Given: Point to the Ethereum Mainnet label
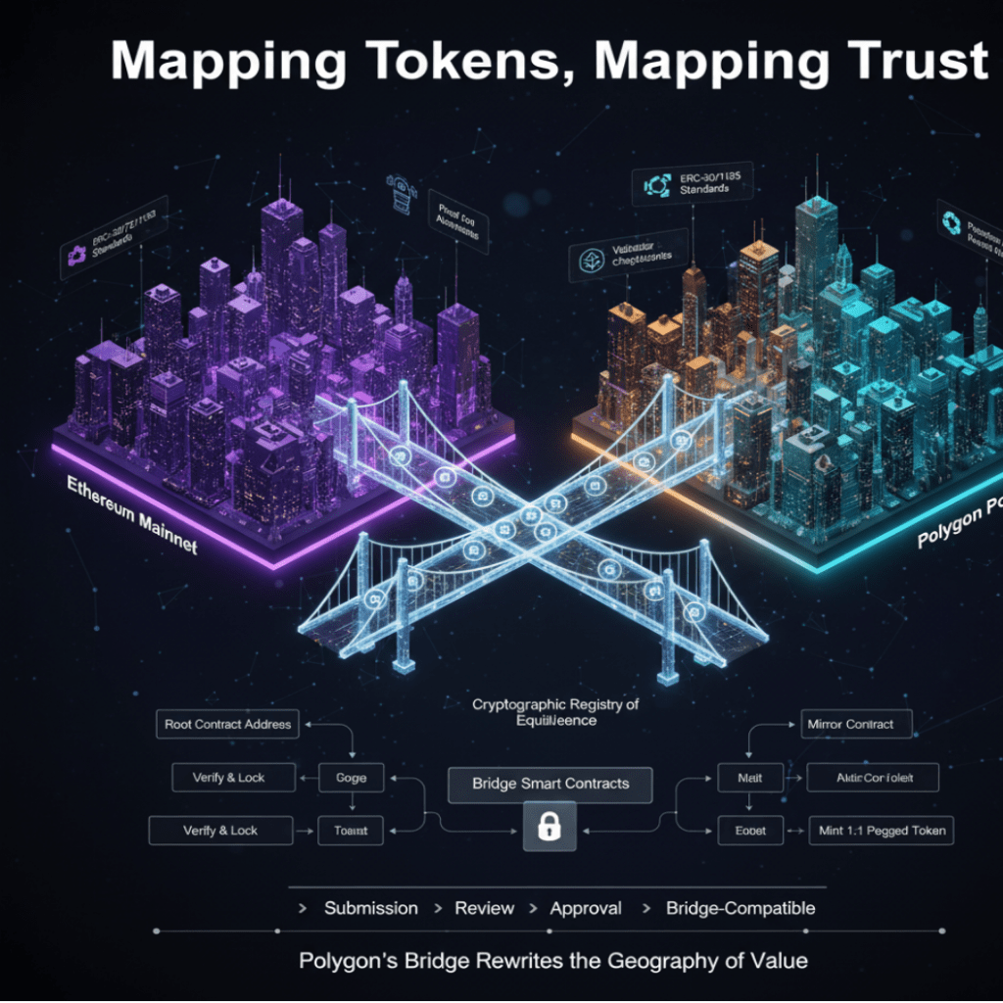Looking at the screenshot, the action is (x=132, y=515).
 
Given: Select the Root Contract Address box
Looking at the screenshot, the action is (x=228, y=725).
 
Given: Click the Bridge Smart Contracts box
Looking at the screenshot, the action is (x=549, y=784).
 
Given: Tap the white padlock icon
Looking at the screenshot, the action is (x=549, y=829).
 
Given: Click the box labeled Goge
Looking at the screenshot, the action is (x=350, y=778).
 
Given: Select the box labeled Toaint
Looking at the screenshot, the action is (x=350, y=831).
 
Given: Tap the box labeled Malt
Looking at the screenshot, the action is (x=749, y=778).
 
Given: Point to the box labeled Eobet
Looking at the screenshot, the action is (x=749, y=831).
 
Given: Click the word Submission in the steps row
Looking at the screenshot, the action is (x=370, y=908).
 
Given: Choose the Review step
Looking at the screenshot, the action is (x=484, y=908).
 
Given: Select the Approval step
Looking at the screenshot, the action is (x=586, y=908).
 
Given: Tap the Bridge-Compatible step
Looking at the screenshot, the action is (x=740, y=908).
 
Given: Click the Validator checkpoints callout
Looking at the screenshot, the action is (x=625, y=256).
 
